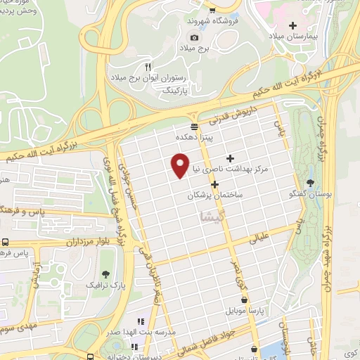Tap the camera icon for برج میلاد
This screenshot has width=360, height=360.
point(195,37)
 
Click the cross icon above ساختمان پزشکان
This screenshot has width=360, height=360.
point(214,184)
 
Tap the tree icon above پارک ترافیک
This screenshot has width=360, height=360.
point(105,274)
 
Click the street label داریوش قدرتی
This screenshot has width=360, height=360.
point(237,115)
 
